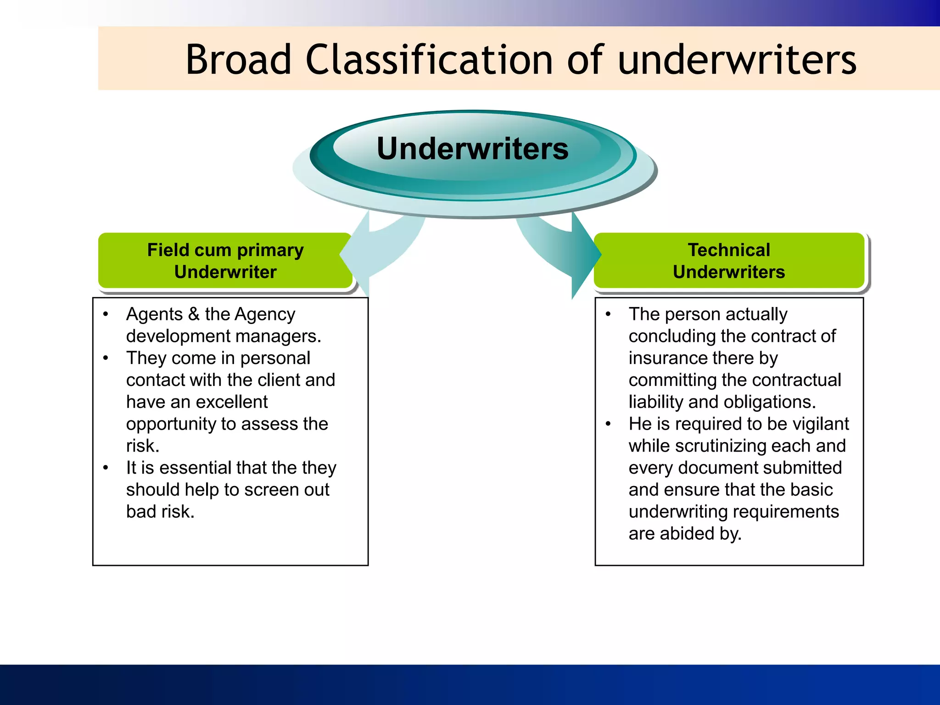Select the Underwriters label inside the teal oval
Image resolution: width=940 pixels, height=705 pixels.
coord(472,149)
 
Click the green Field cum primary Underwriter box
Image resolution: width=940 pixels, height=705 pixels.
coord(225,261)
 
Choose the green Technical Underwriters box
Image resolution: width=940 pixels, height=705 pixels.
coord(728,261)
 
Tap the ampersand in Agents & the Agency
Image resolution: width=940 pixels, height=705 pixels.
coord(194,314)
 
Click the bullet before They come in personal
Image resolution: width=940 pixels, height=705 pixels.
coord(106,358)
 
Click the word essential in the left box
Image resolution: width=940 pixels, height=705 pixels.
coord(196,468)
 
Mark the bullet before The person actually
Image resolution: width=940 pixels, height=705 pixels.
coord(608,314)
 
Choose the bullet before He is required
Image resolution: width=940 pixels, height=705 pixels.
coord(608,424)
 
